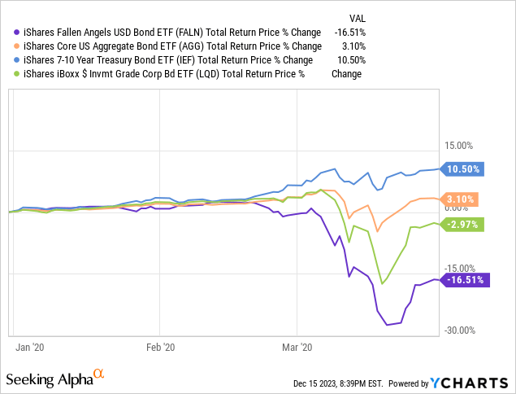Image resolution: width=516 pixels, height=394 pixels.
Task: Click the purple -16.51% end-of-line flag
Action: click(465, 279)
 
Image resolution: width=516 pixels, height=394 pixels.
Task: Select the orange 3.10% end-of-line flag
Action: click(462, 199)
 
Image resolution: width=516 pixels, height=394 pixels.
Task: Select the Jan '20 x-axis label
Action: click(30, 347)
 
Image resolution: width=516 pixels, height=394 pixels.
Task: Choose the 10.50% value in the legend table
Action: click(350, 59)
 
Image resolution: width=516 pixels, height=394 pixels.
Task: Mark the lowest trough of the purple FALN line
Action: click(388, 325)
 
